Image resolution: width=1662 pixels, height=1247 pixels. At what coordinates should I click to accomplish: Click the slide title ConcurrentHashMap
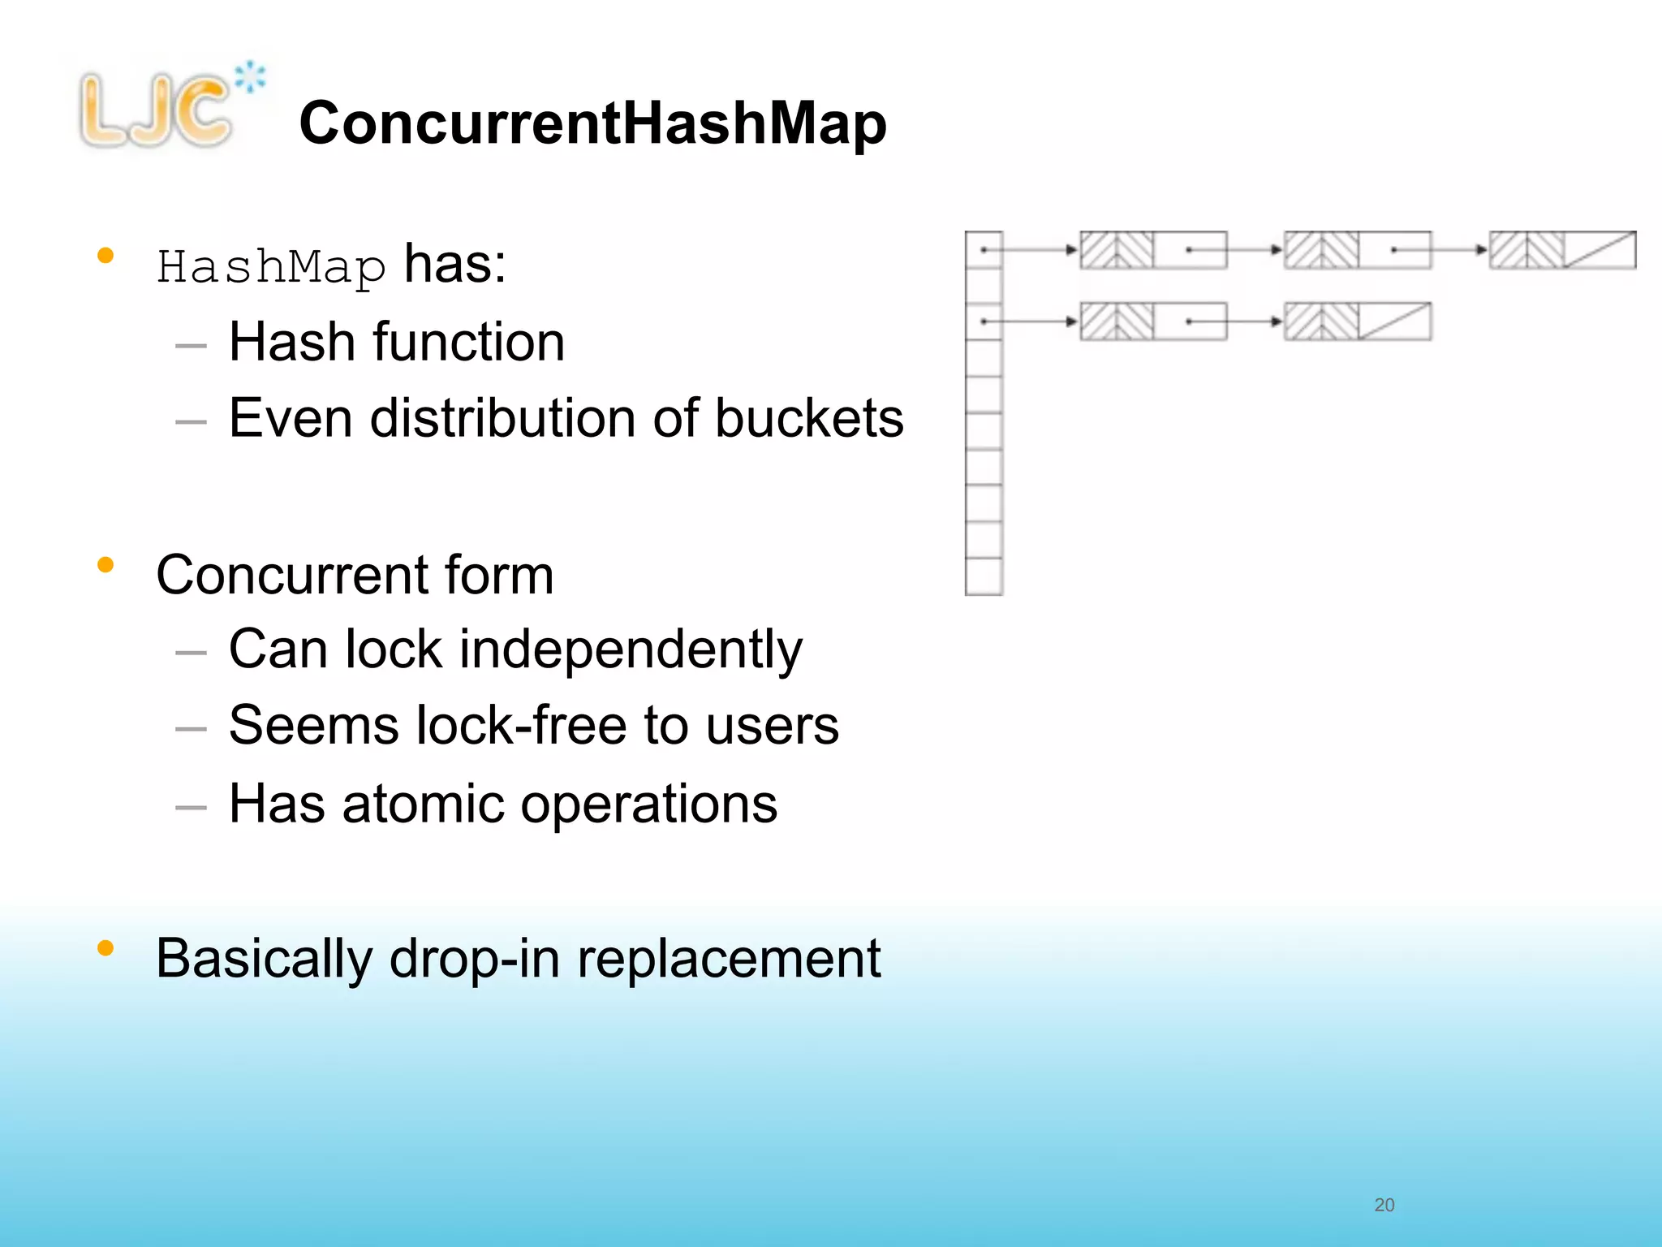pos(592,123)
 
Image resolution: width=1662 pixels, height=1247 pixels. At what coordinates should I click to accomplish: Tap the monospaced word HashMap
pos(271,267)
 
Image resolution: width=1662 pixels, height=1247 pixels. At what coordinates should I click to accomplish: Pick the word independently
pos(631,649)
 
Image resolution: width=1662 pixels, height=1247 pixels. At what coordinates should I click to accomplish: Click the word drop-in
pos(475,959)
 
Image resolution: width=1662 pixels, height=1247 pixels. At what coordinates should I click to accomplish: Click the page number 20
pos(1384,1205)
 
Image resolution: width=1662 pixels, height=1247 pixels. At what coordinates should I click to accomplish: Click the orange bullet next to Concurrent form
pos(105,564)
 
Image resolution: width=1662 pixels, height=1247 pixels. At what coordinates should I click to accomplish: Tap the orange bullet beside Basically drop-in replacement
pos(105,947)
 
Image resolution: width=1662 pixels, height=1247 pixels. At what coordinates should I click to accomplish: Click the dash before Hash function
pos(191,346)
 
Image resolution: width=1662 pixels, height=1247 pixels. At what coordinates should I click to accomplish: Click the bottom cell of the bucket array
pos(984,576)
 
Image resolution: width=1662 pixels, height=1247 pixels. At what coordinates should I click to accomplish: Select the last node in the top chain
pos(1562,250)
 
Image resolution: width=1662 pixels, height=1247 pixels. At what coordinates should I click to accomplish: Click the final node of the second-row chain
pos(1358,321)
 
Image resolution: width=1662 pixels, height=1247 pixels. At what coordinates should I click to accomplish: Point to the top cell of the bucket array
pos(984,249)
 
